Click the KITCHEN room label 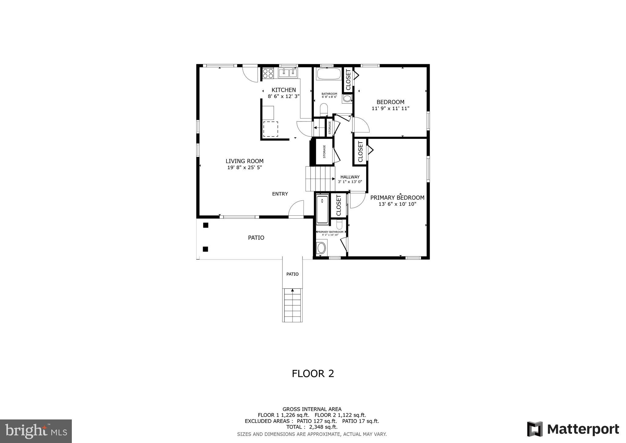tap(284, 90)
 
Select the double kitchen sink tap(288, 73)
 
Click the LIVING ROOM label tap(245, 161)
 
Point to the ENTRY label tap(280, 194)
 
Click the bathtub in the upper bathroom tap(328, 74)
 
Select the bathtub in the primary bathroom tap(322, 209)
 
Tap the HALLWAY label tap(350, 177)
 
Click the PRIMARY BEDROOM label tap(397, 198)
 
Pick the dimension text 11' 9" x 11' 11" tap(390, 108)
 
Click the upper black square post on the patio tap(206, 225)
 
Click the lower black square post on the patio tap(205, 249)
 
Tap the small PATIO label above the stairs tap(292, 274)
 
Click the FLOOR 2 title tap(313, 374)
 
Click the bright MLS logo tap(36, 431)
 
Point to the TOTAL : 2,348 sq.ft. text tap(312, 427)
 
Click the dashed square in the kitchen tap(271, 129)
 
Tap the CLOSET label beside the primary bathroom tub tap(339, 206)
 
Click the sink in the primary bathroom tap(321, 248)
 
